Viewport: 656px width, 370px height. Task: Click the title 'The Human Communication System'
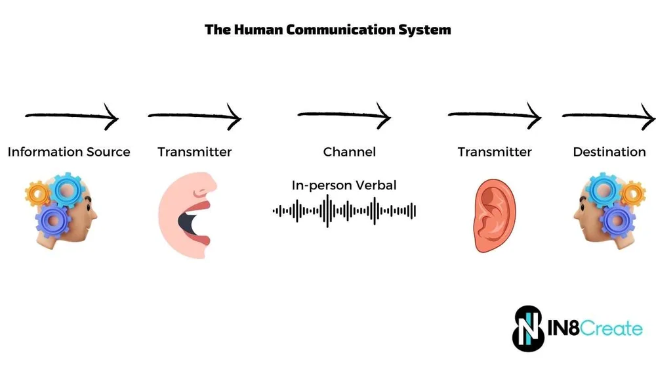pos(327,30)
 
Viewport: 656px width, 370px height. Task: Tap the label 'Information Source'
pos(69,152)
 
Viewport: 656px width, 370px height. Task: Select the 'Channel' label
pos(349,152)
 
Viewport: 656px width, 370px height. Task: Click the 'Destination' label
pos(609,152)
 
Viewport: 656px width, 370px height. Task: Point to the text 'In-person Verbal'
pos(344,185)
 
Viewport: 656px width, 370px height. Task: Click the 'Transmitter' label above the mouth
pos(194,152)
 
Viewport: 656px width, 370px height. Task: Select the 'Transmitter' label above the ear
pos(495,152)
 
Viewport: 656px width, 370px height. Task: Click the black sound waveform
pos(344,211)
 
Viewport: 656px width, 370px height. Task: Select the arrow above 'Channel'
pos(344,116)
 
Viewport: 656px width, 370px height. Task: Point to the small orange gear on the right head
pos(633,193)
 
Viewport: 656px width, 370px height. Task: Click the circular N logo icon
pos(529,328)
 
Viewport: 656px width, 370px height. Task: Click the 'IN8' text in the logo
pos(564,328)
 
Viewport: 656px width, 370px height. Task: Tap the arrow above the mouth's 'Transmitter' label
pos(194,118)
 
